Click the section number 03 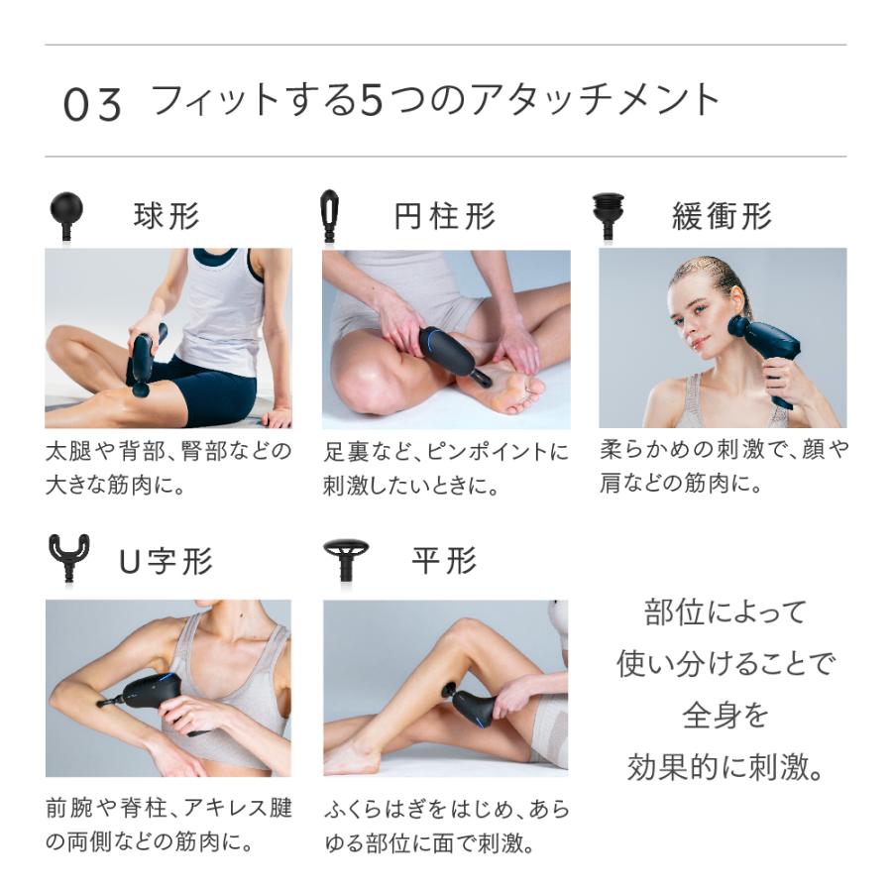[x=92, y=105]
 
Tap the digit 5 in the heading [x=372, y=100]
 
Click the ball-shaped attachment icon [x=66, y=217]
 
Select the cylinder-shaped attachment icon [x=330, y=216]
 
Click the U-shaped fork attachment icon [x=69, y=557]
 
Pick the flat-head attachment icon [x=346, y=560]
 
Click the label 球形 [x=167, y=216]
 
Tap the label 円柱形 [x=445, y=216]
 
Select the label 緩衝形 [x=722, y=216]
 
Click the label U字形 [x=167, y=561]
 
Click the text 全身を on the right [x=724, y=717]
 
